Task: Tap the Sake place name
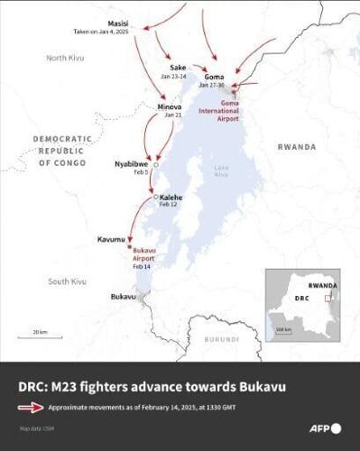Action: click(x=178, y=68)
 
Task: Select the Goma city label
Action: click(x=215, y=77)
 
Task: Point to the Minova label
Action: click(x=170, y=106)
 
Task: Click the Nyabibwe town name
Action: click(x=131, y=163)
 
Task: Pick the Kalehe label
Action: click(x=171, y=197)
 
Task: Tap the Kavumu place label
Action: click(x=113, y=239)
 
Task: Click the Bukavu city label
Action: click(x=123, y=296)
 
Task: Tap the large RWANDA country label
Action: click(x=296, y=146)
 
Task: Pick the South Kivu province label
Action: click(x=67, y=281)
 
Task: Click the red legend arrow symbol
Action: click(x=31, y=407)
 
